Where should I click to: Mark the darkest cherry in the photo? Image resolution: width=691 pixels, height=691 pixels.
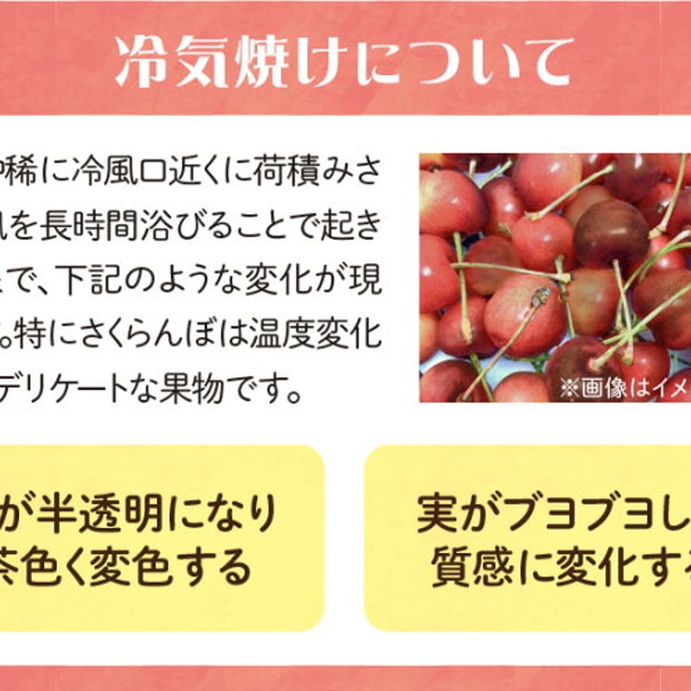(x=611, y=231)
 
